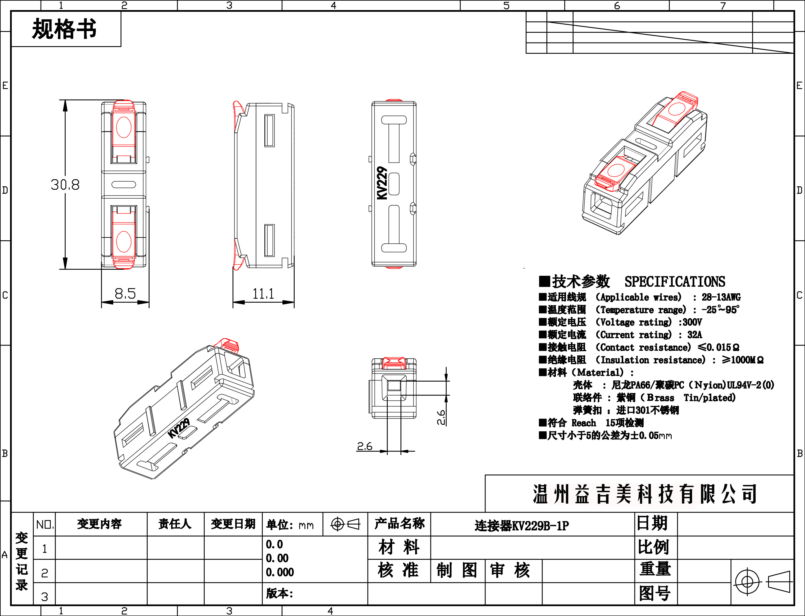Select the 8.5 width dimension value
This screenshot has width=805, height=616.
(x=125, y=294)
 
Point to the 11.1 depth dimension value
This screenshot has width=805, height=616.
(x=263, y=294)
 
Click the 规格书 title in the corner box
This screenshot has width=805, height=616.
(x=65, y=29)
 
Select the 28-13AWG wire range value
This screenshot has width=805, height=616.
(x=721, y=297)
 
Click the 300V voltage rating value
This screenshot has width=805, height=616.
(x=692, y=322)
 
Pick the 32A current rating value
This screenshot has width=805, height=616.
(x=695, y=335)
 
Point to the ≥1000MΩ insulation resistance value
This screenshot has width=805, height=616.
(x=743, y=360)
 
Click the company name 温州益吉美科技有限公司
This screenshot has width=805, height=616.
(x=645, y=494)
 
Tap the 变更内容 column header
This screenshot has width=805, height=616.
(x=99, y=524)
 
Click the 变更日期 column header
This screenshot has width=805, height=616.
(x=233, y=524)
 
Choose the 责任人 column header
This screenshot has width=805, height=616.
(x=175, y=524)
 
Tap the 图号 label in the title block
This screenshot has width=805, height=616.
(x=655, y=593)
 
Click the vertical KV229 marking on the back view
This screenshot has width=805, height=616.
(x=382, y=183)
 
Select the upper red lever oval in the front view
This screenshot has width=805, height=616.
(x=124, y=127)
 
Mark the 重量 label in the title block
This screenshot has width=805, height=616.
(x=655, y=569)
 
